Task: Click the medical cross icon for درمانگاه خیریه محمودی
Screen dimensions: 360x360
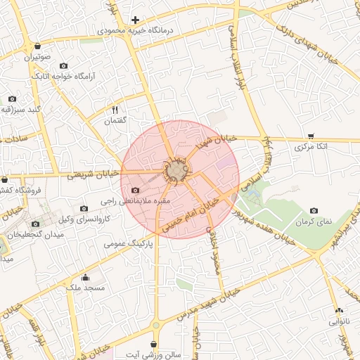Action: coord(136,20)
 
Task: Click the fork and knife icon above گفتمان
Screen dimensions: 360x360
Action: coord(115,110)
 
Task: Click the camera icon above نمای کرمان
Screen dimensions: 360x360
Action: coord(314,211)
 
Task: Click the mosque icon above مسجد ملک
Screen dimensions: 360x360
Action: coord(86,277)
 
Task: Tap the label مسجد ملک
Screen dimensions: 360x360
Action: coord(86,288)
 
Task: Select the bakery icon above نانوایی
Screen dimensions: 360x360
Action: coord(340,311)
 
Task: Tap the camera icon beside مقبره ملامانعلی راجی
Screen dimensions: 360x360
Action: coord(136,191)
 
